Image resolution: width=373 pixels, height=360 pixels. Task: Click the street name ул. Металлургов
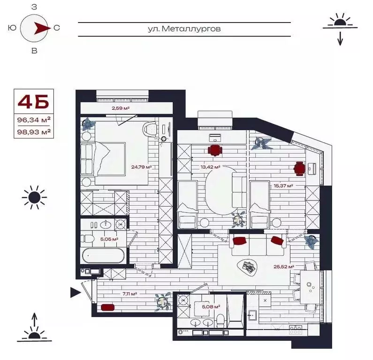point(184,29)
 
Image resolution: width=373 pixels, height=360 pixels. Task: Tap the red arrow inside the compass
point(41,28)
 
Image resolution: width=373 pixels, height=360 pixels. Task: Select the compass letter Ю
point(11,28)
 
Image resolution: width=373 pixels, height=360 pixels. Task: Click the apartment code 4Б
point(33,102)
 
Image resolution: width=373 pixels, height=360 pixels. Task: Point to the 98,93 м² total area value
point(33,132)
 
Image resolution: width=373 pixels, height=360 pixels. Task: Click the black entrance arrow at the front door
point(75,293)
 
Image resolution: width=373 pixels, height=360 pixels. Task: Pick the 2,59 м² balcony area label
point(121,108)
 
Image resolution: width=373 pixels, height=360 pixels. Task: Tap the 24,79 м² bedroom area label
point(142,167)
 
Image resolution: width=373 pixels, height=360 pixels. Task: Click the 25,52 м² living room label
point(284,267)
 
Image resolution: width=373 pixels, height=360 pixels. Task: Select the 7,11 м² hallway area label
point(129,294)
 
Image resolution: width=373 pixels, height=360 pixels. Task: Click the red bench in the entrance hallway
point(107,308)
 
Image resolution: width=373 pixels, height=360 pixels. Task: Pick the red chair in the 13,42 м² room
point(214,150)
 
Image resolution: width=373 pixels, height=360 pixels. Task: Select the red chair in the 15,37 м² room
point(299,168)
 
